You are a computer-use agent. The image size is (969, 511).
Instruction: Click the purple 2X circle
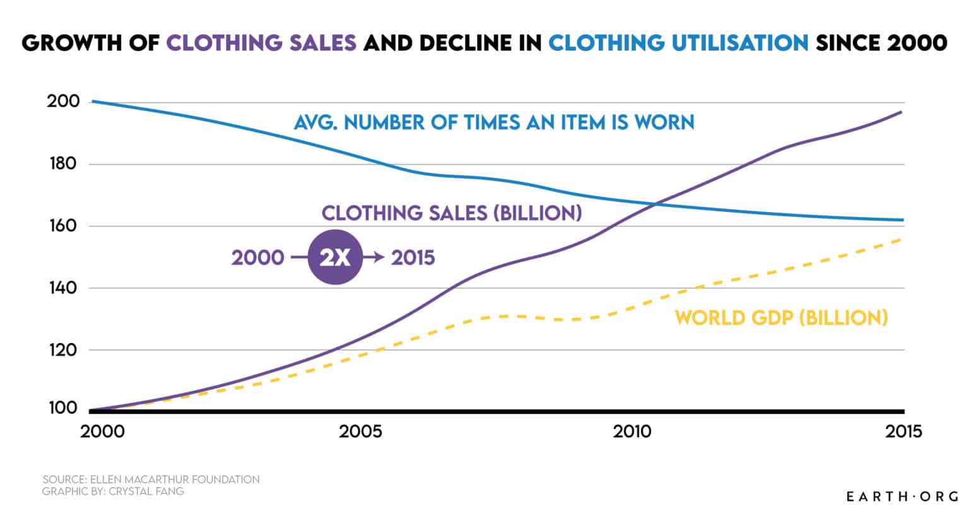[335, 258]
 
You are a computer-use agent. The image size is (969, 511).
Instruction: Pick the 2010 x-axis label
[633, 432]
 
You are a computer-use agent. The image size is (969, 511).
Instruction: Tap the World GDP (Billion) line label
[781, 317]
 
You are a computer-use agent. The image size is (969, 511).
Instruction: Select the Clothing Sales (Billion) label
[451, 213]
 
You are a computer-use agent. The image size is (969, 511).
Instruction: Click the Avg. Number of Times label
[494, 121]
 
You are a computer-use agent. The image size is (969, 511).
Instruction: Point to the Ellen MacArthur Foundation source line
[151, 479]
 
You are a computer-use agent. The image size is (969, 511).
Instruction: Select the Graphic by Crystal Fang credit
[114, 491]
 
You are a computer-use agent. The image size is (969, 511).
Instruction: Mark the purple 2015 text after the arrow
[413, 258]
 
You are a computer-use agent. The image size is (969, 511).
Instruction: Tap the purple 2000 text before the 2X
[257, 258]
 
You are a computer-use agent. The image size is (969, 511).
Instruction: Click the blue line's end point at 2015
[903, 220]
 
